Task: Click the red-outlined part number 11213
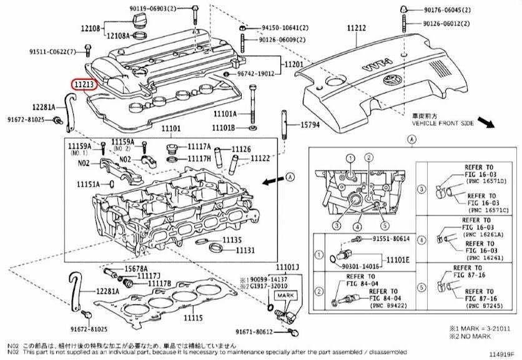coord(83,83)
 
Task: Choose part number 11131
coord(245,250)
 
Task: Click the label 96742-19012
coord(254,74)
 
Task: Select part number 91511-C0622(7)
coord(52,51)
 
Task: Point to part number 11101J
coord(288,268)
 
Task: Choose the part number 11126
coord(242,149)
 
